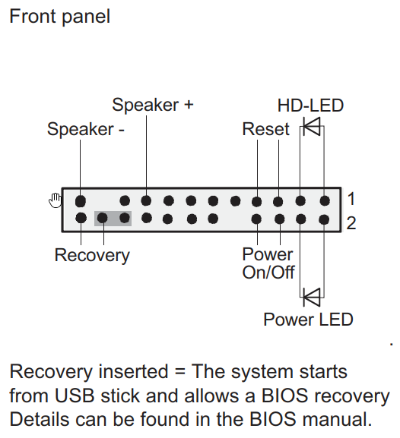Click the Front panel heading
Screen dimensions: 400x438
pyautogui.click(x=59, y=17)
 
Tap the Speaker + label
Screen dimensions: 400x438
pyautogui.click(x=153, y=106)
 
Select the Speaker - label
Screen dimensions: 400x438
pyautogui.click(x=86, y=130)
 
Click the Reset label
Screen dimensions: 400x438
pyautogui.click(x=265, y=129)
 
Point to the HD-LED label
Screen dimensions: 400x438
pyautogui.click(x=310, y=106)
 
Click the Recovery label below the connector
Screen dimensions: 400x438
pyautogui.click(x=92, y=256)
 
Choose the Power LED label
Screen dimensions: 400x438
pyautogui.click(x=308, y=320)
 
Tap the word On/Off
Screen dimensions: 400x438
pyautogui.click(x=268, y=273)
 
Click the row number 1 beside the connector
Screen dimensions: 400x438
pyautogui.click(x=351, y=199)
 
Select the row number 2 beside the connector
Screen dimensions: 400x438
pyautogui.click(x=351, y=223)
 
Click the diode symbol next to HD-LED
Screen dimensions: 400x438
pyautogui.click(x=312, y=126)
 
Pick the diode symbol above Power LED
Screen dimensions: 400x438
pyautogui.click(x=312, y=298)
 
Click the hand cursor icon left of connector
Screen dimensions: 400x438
pyautogui.click(x=56, y=200)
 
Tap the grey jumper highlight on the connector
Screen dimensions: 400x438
pyautogui.click(x=113, y=219)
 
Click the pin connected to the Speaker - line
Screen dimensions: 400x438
pyautogui.click(x=81, y=201)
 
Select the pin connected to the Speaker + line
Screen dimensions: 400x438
pyautogui.click(x=146, y=200)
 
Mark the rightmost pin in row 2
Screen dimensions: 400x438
pyautogui.click(x=324, y=219)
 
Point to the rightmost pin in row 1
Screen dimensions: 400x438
pyautogui.click(x=325, y=200)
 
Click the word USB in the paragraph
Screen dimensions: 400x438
pyautogui.click(x=75, y=395)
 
